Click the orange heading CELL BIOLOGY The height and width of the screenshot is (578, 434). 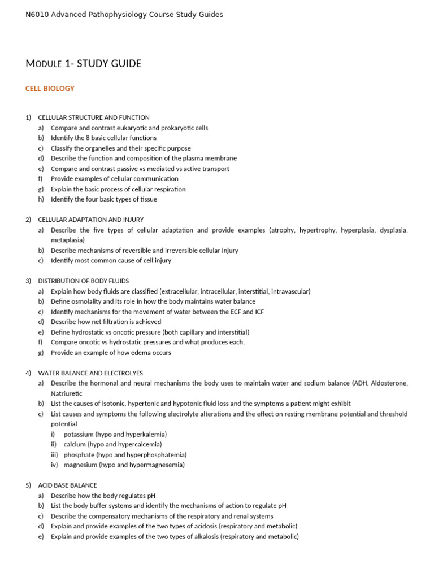click(x=50, y=89)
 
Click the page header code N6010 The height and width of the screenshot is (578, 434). click(x=37, y=15)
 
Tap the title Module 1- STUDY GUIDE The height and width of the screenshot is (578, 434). click(x=84, y=64)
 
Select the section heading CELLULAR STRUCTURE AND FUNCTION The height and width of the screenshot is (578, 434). click(x=94, y=117)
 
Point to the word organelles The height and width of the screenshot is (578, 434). click(x=102, y=148)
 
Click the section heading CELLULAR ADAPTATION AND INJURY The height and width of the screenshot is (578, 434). click(x=90, y=220)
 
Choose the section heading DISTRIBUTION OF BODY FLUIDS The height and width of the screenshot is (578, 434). click(x=83, y=281)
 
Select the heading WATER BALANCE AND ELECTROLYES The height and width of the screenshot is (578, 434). click(x=90, y=373)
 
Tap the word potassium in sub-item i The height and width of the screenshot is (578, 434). click(x=80, y=435)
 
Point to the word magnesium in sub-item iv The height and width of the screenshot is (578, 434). click(x=81, y=465)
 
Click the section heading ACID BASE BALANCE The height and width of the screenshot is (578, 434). click(x=67, y=485)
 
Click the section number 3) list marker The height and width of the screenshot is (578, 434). click(x=28, y=281)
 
